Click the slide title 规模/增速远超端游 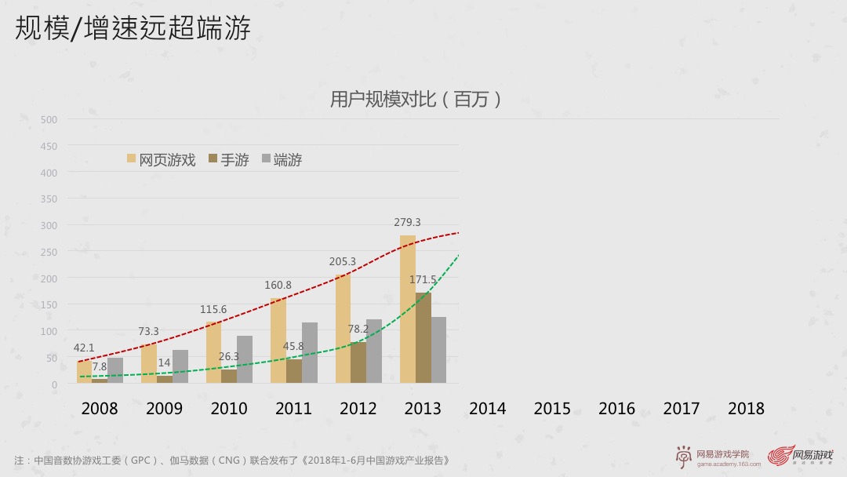(133, 28)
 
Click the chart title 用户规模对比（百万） (415, 100)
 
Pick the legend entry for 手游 (228, 160)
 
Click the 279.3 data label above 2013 (407, 223)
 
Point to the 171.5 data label (423, 279)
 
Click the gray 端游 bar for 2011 (310, 353)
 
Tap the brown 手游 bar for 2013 (423, 338)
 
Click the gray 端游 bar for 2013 (438, 350)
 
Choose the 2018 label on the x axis (746, 409)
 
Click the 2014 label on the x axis (487, 409)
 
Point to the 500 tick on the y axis (49, 119)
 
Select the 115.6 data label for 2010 (213, 310)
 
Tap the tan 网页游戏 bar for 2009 (149, 364)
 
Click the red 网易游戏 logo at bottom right (800, 456)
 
